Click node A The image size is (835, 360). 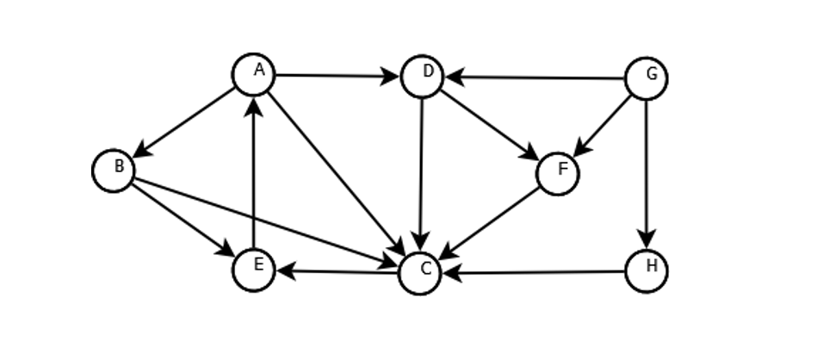254,75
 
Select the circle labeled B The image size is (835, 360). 114,170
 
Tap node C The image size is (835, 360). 420,273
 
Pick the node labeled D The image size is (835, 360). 422,77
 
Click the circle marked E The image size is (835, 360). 254,269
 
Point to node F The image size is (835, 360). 558,173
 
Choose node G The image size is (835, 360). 646,78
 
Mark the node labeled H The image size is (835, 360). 646,270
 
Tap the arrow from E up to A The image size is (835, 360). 254,172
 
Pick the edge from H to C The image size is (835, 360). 534,272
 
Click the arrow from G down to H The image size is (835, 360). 646,172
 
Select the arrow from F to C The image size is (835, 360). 489,223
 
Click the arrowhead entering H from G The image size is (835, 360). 646,241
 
